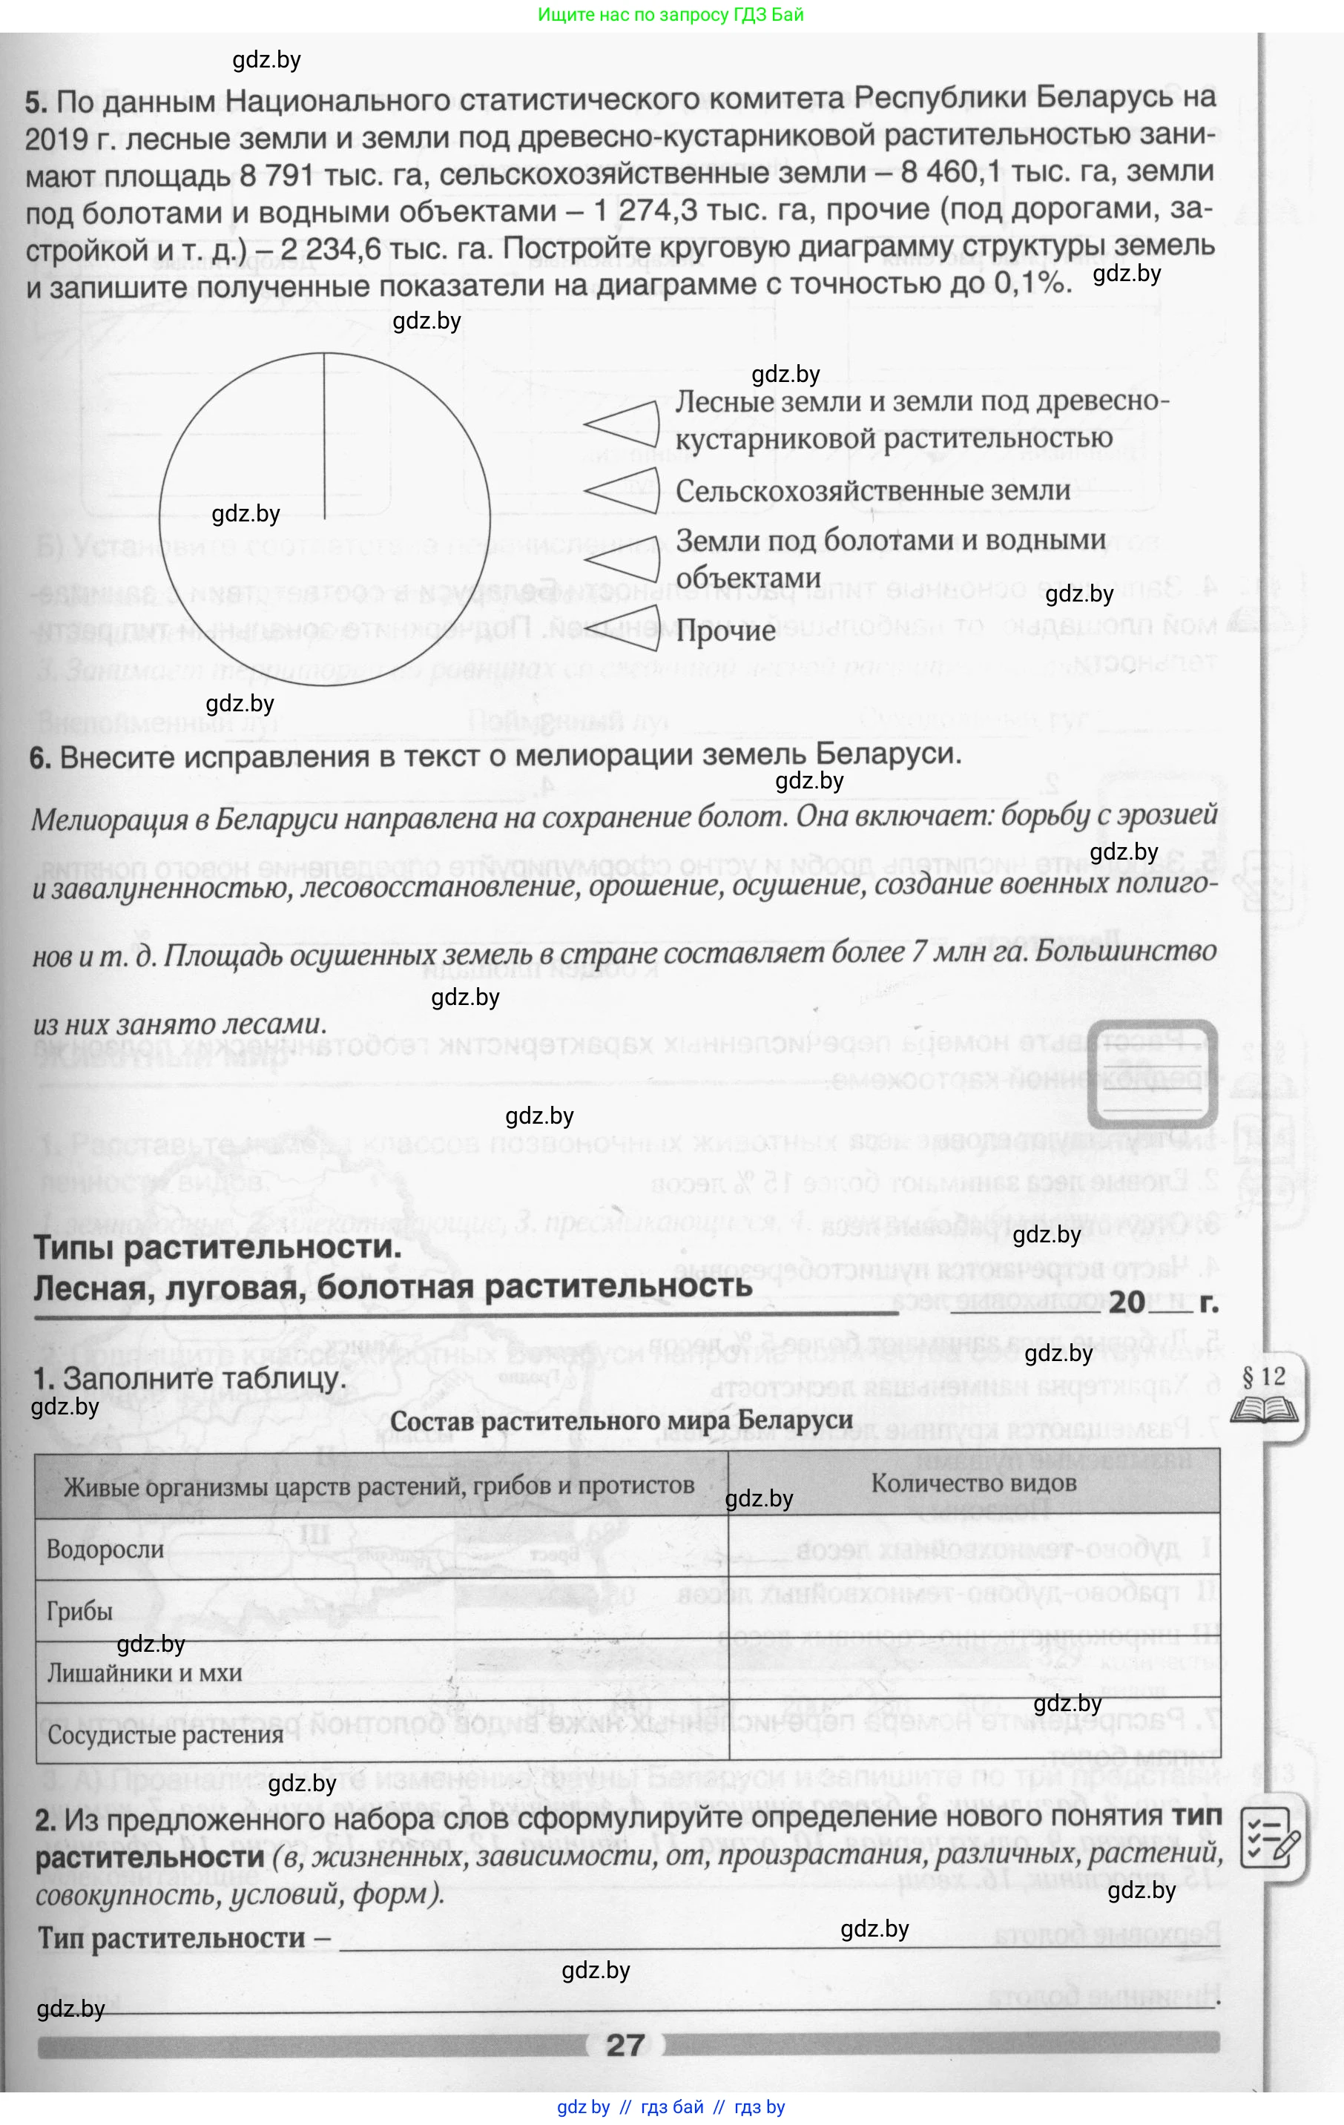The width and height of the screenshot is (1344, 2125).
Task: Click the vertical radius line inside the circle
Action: point(325,436)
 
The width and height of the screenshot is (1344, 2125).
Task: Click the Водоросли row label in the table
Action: point(105,1549)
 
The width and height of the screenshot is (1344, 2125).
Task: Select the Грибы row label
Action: point(79,1612)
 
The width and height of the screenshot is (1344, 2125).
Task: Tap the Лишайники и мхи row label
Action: point(144,1673)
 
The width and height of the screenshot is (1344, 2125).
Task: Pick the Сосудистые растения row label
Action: point(165,1734)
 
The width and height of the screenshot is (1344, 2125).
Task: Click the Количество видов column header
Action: point(973,1483)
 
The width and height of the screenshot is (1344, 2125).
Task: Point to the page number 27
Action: point(625,2045)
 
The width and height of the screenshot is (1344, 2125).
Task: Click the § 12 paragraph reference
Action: point(1264,1377)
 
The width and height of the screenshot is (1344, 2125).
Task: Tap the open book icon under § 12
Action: point(1264,1409)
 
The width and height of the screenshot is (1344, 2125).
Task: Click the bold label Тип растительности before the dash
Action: point(172,1939)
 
